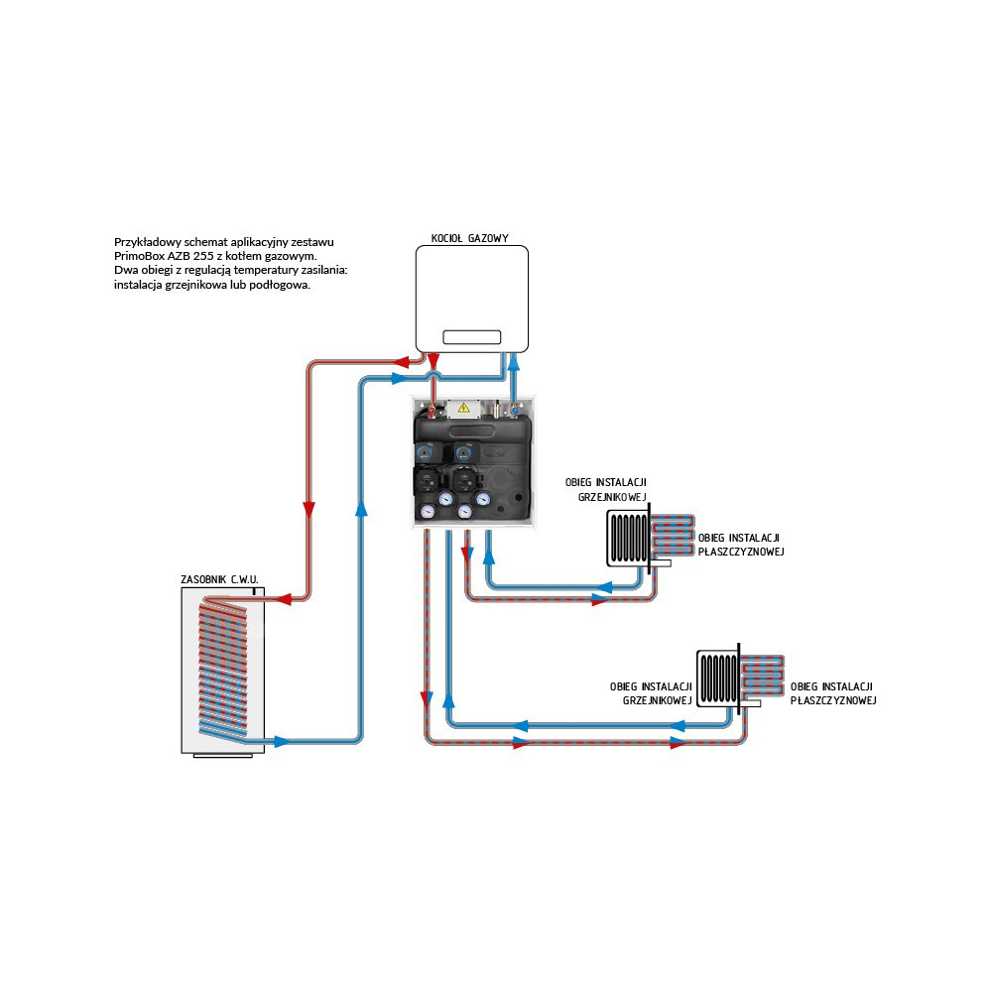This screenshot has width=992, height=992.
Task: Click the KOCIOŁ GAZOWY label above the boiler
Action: [x=470, y=239]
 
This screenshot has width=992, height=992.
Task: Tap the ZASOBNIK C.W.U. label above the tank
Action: [x=219, y=578]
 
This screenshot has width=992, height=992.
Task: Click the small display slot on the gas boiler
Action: [x=471, y=337]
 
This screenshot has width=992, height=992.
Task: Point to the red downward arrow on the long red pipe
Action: [x=309, y=509]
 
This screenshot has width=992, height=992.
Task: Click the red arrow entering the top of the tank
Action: [x=279, y=598]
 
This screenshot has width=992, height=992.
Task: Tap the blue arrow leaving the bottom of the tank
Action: [x=281, y=741]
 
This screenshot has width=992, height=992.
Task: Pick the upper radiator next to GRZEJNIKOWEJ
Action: [x=627, y=539]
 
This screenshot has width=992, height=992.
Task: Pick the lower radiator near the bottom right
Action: [x=716, y=678]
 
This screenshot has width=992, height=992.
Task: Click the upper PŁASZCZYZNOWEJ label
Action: [x=742, y=552]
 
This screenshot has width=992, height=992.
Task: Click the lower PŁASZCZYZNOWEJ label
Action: [x=833, y=700]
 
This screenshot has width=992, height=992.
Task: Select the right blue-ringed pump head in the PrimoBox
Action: [x=464, y=451]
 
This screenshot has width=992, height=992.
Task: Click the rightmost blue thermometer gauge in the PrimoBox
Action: [x=483, y=500]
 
